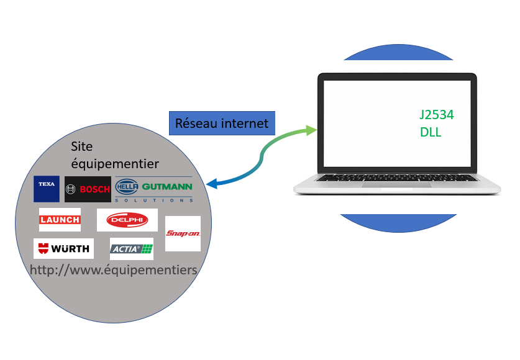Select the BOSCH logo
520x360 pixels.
(88, 189)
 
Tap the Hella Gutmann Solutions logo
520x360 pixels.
(154, 189)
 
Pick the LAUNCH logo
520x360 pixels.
(60, 220)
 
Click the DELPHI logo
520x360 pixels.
(127, 220)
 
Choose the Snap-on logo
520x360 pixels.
(183, 233)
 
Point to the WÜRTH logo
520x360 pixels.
(63, 249)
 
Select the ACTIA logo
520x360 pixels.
(131, 249)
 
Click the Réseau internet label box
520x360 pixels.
(222, 123)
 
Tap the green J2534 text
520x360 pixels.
(436, 115)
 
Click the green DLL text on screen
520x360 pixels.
(431, 132)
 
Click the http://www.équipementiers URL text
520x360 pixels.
(114, 270)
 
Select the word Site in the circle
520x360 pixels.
(83, 147)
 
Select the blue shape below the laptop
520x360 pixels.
(398, 222)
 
